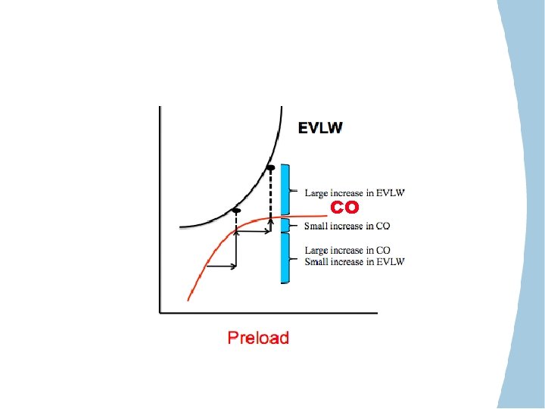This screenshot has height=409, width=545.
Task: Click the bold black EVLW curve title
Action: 319,128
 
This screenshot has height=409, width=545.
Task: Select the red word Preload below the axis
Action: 258,337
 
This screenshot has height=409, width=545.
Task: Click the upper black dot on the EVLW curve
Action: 271,167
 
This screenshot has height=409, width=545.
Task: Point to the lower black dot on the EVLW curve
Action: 236,210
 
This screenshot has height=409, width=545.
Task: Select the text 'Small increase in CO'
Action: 347,226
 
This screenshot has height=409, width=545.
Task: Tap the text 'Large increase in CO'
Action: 347,250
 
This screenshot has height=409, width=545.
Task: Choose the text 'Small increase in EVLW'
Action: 355,262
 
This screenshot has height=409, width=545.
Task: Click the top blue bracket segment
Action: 285,189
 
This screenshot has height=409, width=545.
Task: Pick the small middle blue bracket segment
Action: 285,225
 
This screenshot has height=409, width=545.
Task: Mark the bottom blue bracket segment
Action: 285,258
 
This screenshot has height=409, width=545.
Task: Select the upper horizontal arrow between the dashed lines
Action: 254,233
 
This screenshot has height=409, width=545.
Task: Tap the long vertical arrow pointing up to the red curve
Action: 237,250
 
